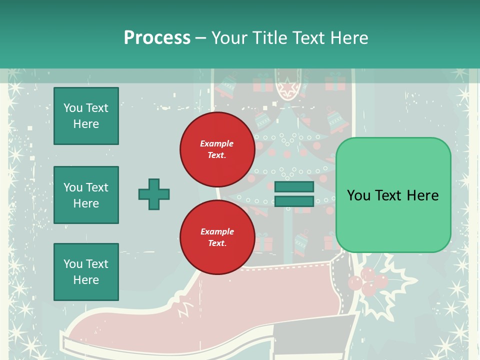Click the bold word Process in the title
(x=157, y=37)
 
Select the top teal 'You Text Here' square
(x=86, y=116)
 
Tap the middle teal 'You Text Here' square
(x=86, y=195)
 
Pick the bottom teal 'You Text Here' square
(x=86, y=272)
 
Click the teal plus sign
(x=154, y=194)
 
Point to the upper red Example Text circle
(x=217, y=149)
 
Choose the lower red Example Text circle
(x=217, y=237)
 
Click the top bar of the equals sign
(x=294, y=187)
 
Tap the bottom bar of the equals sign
(x=294, y=201)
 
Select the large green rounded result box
(x=393, y=195)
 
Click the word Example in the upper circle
(x=217, y=143)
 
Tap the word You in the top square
(x=73, y=108)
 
